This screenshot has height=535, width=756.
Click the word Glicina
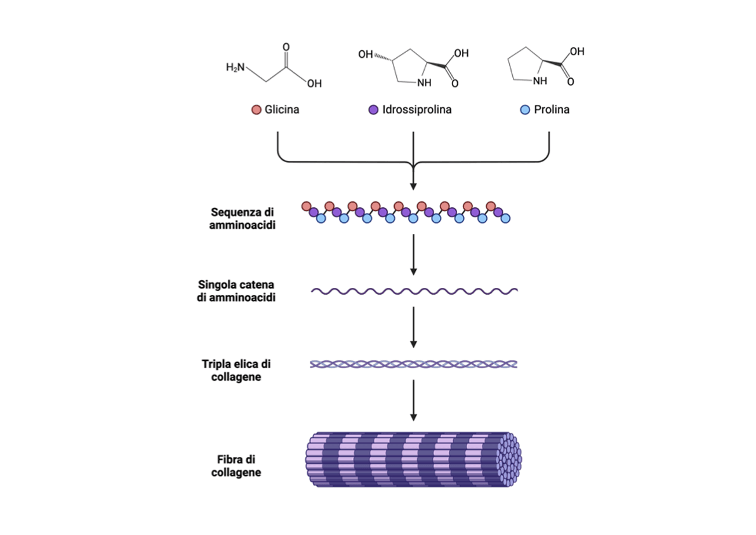coord(281,109)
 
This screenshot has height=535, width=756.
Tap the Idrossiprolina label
coord(417,109)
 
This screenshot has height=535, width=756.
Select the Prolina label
coord(551,109)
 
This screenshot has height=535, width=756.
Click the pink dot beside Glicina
coord(256,109)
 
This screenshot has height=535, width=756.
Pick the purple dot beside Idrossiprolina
coord(373,109)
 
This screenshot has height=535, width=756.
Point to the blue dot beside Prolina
coord(525,109)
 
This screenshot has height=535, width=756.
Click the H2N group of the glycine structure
coord(235,67)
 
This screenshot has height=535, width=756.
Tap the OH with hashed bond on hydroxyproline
coord(366,55)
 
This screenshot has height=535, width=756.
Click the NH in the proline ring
coord(540,81)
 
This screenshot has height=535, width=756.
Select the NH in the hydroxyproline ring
coord(423,82)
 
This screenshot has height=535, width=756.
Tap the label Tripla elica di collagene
coord(236,370)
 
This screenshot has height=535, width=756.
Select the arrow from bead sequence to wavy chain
coord(414,254)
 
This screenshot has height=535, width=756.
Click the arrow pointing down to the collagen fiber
coord(414,400)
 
